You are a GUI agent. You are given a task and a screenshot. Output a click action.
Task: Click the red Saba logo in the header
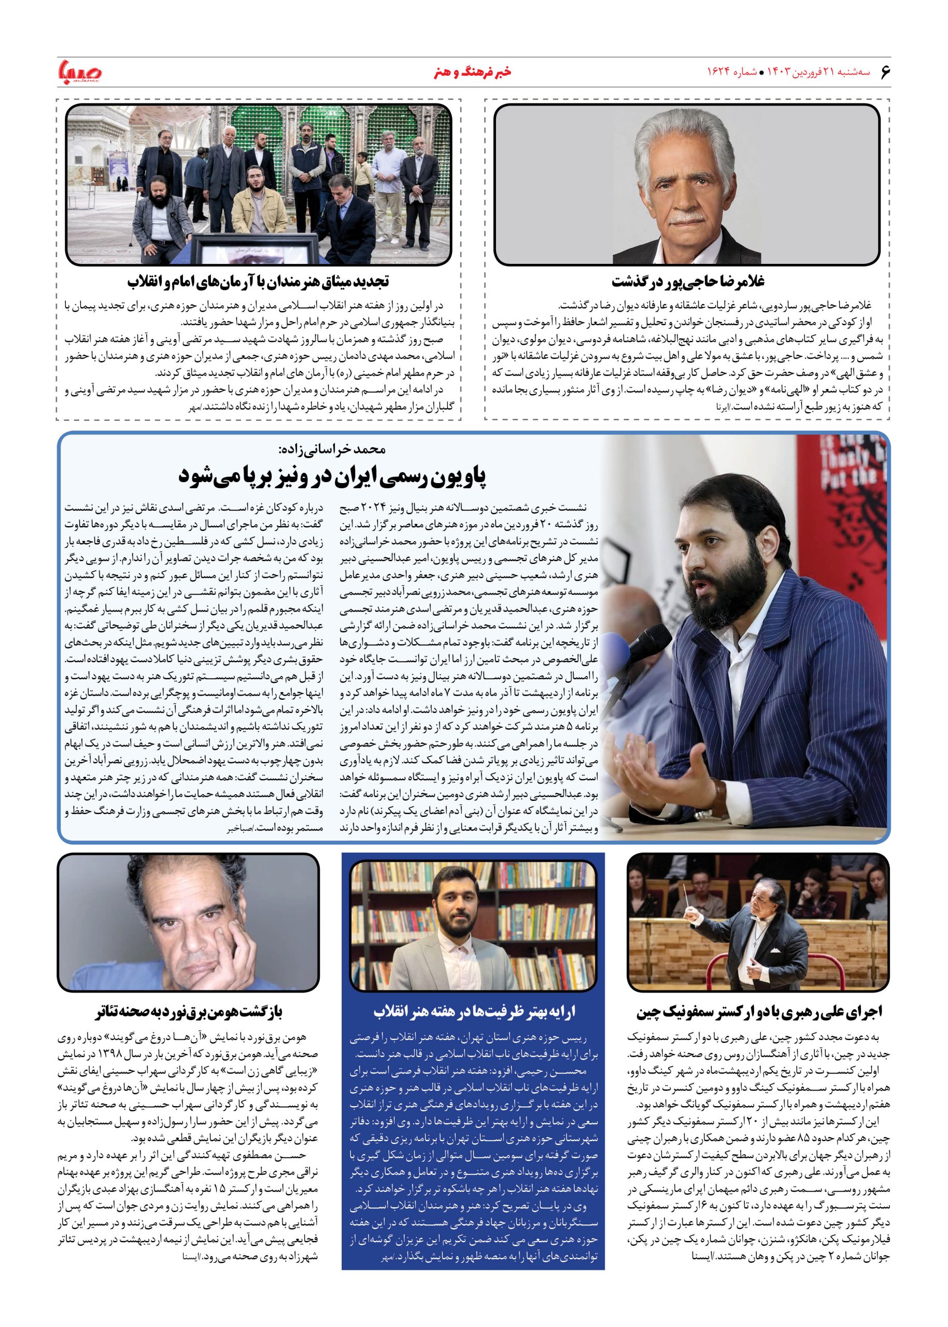(x=80, y=73)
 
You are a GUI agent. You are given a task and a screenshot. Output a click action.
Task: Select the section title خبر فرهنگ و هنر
(x=473, y=73)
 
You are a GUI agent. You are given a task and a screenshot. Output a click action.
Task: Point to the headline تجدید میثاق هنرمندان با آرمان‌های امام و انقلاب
(x=258, y=281)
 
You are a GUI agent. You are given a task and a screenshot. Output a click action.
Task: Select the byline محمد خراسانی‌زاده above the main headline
(x=332, y=449)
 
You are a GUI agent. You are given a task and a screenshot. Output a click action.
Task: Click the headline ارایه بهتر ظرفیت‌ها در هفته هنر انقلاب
(x=473, y=1011)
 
